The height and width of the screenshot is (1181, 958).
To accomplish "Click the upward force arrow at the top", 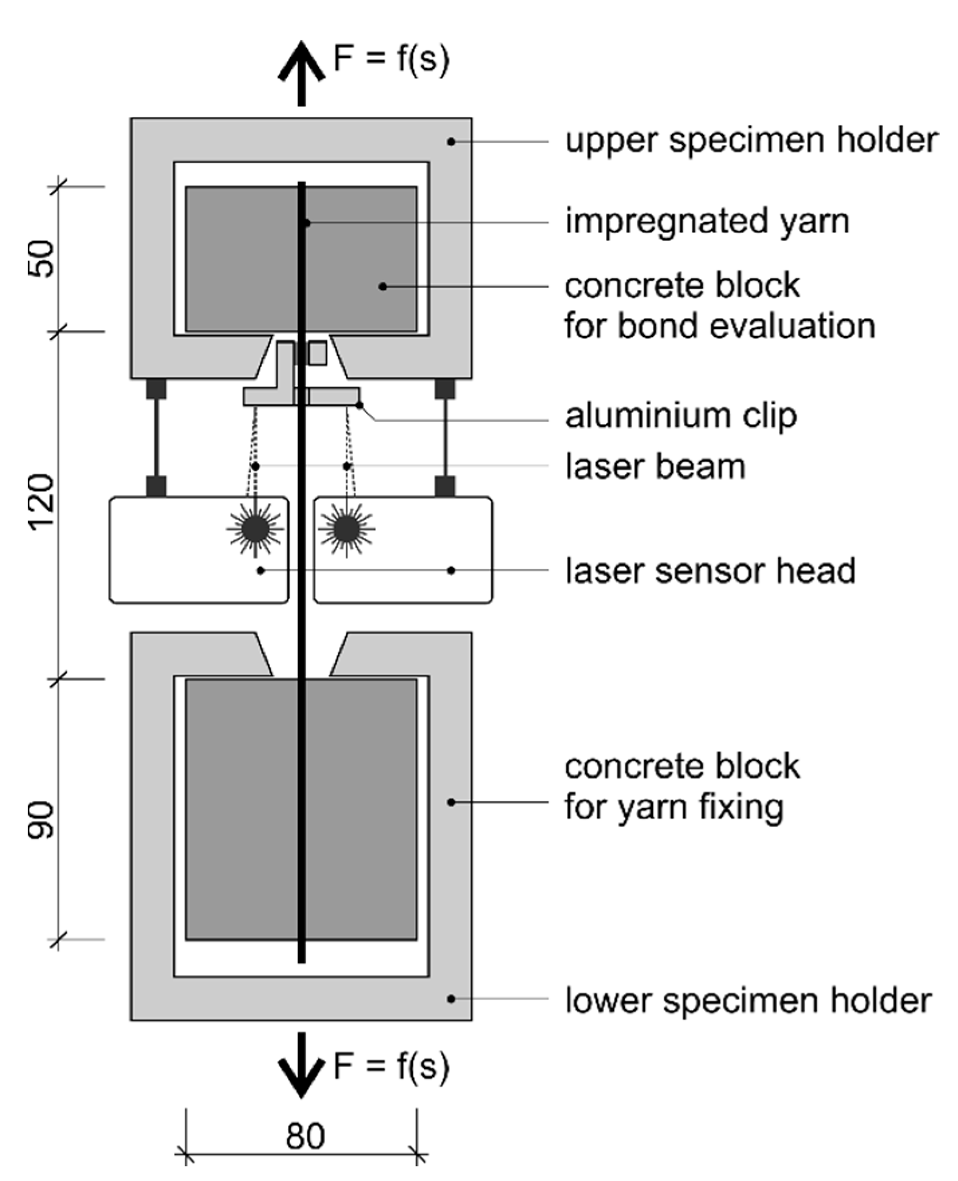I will click(301, 73).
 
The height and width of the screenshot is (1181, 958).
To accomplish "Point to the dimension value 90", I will click(42, 820).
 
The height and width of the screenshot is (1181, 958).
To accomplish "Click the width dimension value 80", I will click(305, 1135).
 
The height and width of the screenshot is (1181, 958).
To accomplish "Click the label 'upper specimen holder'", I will click(751, 140).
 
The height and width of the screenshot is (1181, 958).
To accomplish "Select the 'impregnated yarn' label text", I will click(707, 221).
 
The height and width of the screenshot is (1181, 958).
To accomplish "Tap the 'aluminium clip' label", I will click(681, 416).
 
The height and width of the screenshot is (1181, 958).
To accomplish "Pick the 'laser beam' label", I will click(655, 466).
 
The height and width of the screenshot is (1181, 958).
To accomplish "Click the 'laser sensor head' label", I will click(710, 571).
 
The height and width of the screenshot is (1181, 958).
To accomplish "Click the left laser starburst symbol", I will click(255, 528).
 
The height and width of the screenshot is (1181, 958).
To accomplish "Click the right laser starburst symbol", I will click(346, 528).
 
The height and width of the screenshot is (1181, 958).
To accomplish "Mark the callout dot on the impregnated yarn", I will click(307, 223).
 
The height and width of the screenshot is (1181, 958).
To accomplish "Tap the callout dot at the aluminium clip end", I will click(359, 404).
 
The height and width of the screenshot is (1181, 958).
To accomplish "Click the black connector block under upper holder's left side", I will click(156, 389).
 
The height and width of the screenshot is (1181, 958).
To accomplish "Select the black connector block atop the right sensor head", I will click(445, 486).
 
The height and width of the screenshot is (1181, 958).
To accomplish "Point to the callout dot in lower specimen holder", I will click(451, 999).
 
